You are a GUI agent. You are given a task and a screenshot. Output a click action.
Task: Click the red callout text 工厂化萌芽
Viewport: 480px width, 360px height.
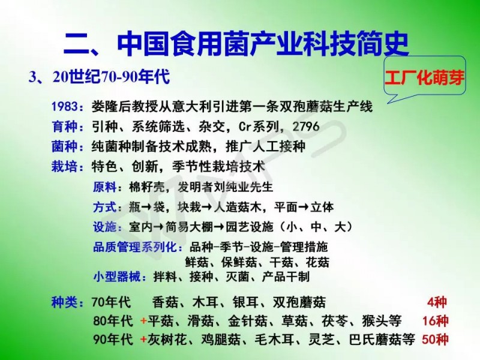[424, 78]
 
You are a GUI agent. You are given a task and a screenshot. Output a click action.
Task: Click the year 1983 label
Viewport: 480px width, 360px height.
[64, 107]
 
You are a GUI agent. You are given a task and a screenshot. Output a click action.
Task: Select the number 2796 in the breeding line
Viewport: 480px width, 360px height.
[306, 127]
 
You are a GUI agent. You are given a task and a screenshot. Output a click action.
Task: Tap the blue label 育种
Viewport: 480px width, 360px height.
[64, 127]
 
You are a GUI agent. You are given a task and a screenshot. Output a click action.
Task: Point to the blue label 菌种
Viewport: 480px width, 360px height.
[64, 146]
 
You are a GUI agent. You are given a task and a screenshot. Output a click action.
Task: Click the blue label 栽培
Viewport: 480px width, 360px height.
[64, 167]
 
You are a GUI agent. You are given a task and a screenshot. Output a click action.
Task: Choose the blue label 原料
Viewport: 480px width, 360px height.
[104, 187]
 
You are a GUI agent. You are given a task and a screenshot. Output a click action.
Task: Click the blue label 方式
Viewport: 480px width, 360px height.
[104, 207]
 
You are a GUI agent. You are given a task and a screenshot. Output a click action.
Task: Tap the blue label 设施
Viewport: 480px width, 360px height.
[104, 227]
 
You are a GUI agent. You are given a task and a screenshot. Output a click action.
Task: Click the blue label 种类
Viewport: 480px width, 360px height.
[64, 302]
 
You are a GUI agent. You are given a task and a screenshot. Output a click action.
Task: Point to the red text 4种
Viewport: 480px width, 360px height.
[437, 302]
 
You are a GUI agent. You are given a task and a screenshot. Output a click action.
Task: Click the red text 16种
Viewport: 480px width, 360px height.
[435, 321]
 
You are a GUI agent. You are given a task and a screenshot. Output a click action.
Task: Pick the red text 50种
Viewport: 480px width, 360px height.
[435, 339]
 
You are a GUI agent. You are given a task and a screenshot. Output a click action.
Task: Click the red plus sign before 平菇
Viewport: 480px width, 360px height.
[143, 321]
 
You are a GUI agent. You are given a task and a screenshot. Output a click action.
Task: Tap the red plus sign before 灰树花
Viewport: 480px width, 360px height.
[143, 340]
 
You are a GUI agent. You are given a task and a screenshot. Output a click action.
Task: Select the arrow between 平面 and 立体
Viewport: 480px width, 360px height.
[304, 207]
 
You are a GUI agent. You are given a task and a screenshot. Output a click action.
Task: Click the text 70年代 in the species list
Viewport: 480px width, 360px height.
[111, 302]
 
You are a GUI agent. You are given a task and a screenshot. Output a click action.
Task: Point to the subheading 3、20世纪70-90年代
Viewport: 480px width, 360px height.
[99, 76]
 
